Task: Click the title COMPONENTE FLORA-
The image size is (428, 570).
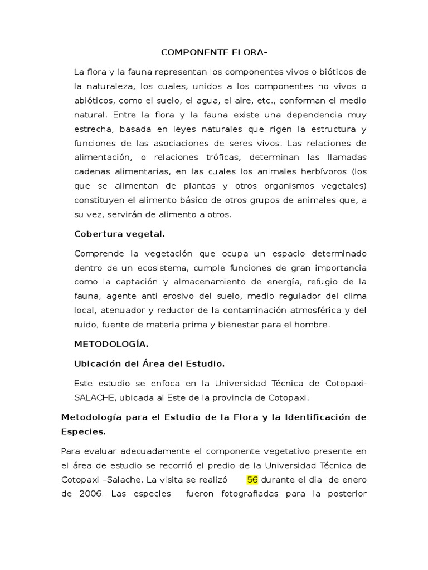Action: coord(214,53)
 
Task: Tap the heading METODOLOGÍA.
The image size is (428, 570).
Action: coord(111,344)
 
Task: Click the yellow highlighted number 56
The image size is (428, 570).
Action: coord(252,479)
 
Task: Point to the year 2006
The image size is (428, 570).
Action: coord(91,493)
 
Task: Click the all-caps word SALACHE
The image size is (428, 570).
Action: coord(94,397)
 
